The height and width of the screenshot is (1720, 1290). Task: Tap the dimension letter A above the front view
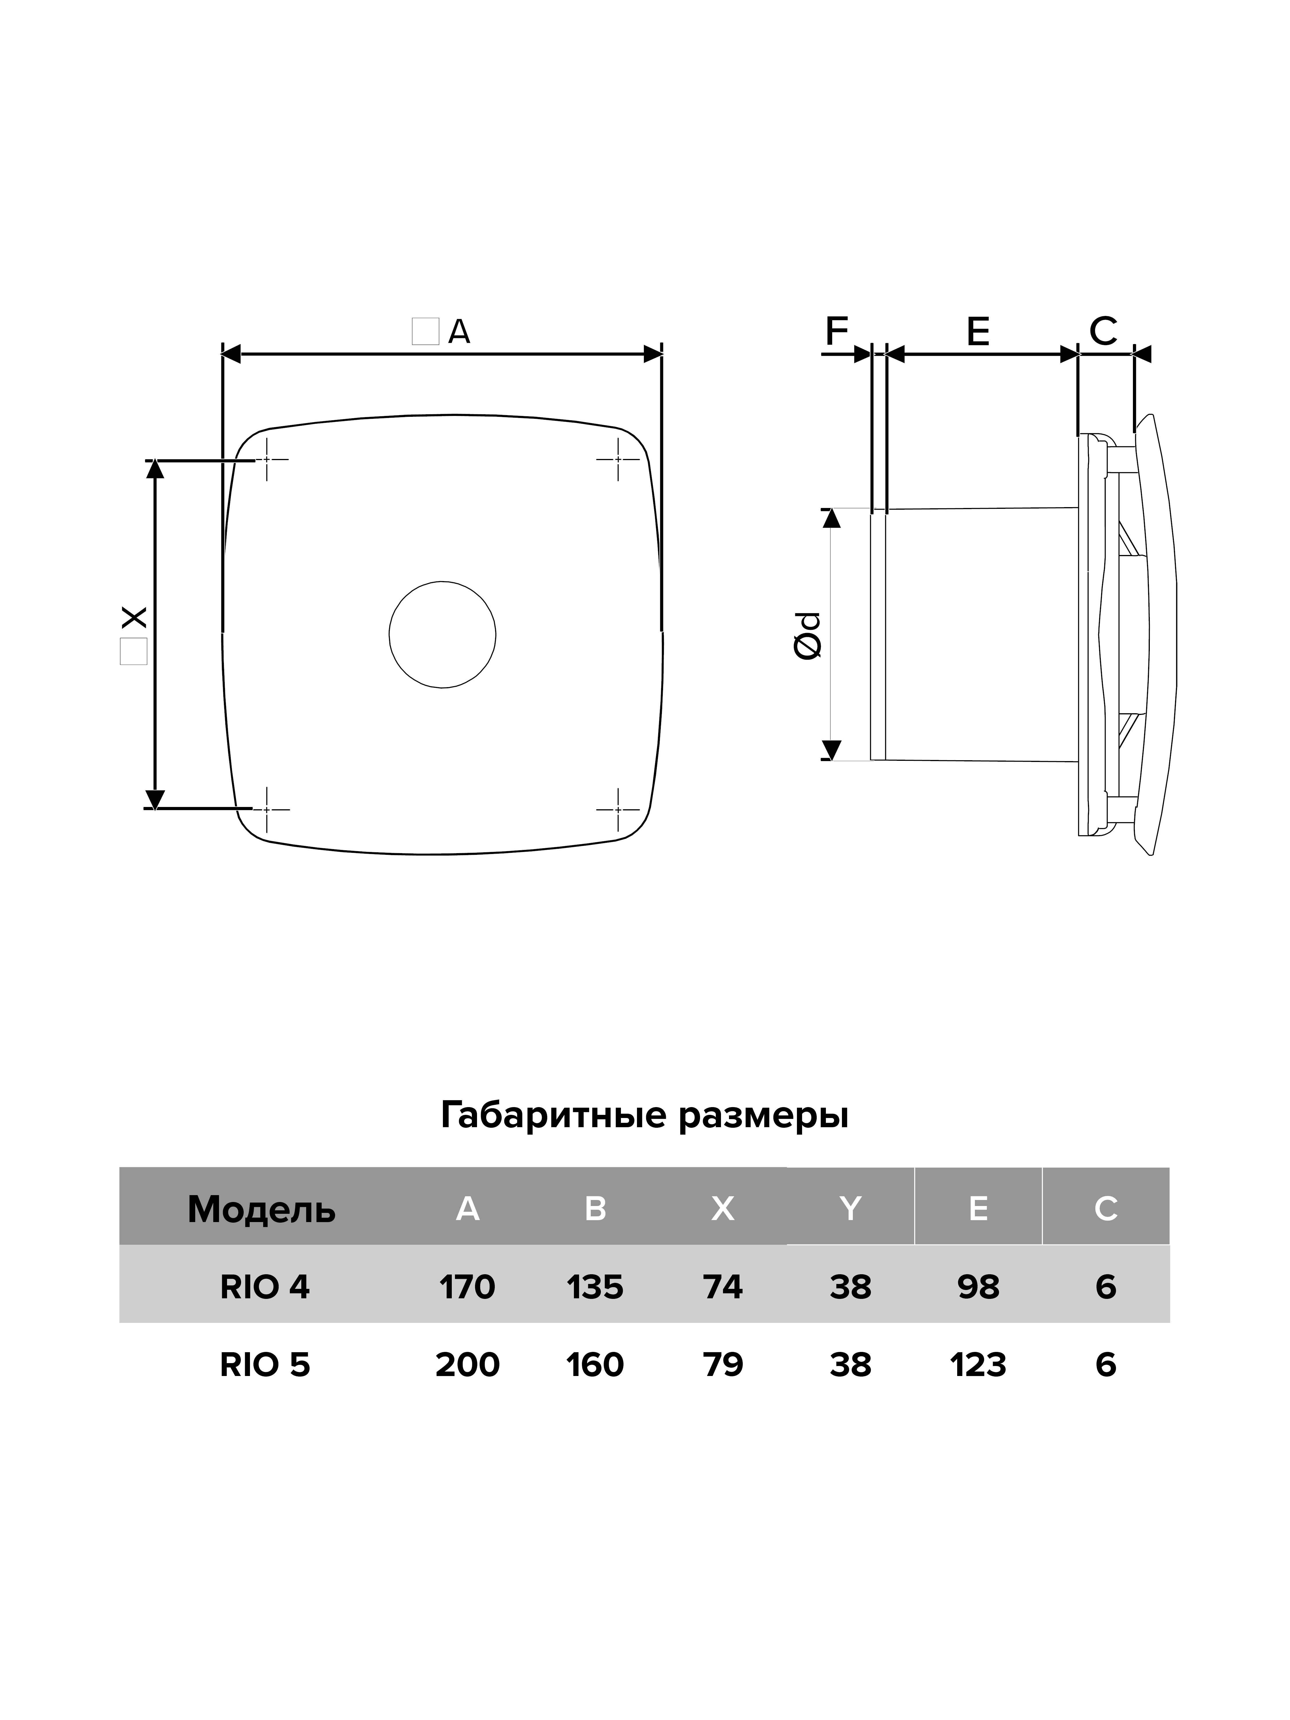click(x=460, y=332)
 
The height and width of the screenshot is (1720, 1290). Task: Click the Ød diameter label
click(x=809, y=636)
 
